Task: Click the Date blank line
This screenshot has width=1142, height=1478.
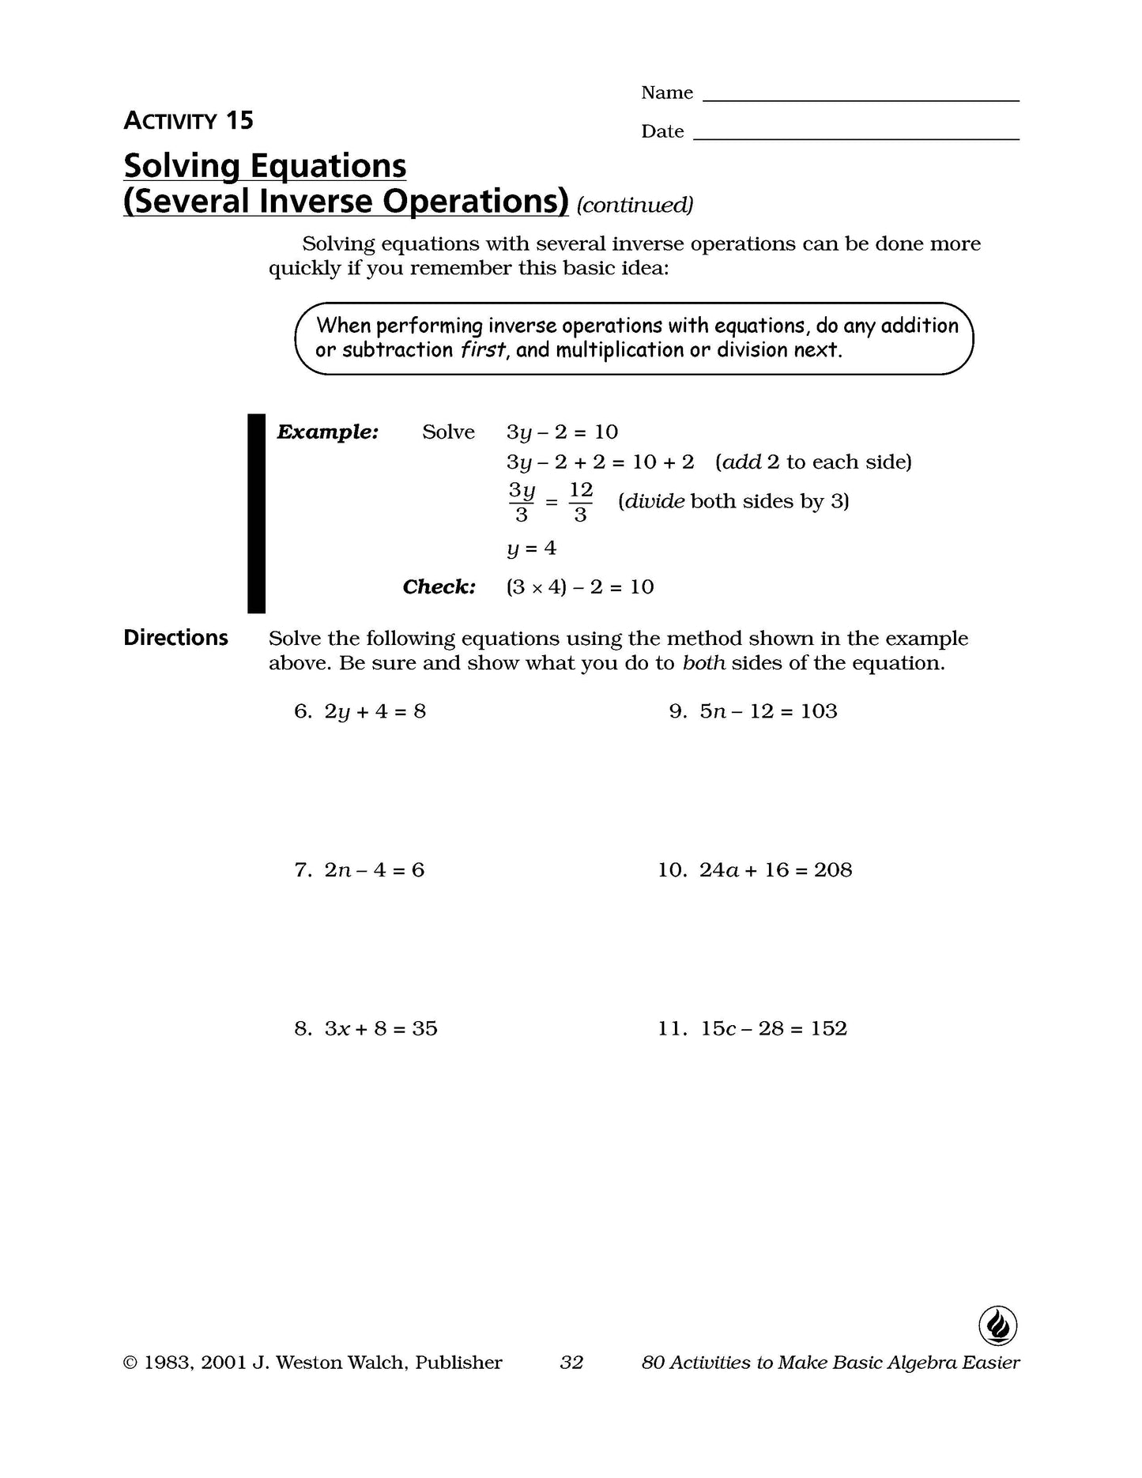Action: click(x=855, y=138)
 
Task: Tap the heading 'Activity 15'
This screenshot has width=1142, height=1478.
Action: click(x=188, y=121)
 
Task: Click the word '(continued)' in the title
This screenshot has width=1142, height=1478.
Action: click(x=635, y=205)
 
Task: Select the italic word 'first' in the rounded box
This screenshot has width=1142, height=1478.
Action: click(x=482, y=350)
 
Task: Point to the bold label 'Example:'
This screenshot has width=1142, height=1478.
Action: click(x=328, y=432)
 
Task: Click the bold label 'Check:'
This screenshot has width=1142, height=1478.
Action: click(x=439, y=587)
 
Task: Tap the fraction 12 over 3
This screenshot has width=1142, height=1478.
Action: click(x=580, y=502)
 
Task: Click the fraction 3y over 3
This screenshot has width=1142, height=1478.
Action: click(x=522, y=502)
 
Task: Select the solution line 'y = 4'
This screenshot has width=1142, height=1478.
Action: click(x=531, y=548)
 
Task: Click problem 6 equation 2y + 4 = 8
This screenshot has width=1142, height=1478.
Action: click(x=375, y=711)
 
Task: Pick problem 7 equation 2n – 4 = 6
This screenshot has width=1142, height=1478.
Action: click(x=374, y=870)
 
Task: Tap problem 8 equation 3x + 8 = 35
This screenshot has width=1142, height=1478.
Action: click(x=380, y=1028)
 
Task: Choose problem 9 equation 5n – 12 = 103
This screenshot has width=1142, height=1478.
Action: click(x=768, y=711)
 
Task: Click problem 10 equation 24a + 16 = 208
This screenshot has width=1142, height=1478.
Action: click(x=775, y=870)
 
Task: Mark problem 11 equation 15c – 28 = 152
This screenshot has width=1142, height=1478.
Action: click(x=773, y=1028)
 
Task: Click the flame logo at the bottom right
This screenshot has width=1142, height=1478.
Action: click(x=997, y=1325)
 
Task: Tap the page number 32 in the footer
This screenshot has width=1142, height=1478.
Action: click(x=571, y=1363)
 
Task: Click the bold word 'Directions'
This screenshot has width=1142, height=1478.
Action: click(x=175, y=638)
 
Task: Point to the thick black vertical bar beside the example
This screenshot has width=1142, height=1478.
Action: click(x=256, y=513)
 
